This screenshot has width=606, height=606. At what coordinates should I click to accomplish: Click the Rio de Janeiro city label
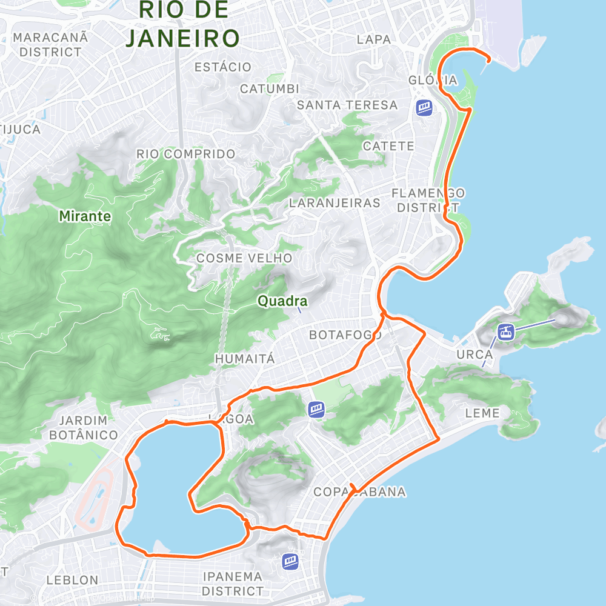click(x=182, y=24)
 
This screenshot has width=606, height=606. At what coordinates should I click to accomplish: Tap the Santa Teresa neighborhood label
click(x=347, y=105)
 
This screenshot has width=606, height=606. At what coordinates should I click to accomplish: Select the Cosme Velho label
click(x=244, y=259)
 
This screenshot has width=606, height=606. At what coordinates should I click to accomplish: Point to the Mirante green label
click(x=85, y=216)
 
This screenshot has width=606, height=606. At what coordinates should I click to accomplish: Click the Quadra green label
click(x=282, y=301)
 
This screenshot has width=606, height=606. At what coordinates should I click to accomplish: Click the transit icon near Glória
click(x=424, y=108)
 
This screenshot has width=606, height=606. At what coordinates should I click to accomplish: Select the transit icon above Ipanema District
click(x=290, y=561)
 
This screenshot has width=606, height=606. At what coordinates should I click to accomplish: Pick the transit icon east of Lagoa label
click(x=316, y=410)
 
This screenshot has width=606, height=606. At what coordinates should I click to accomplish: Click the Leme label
click(x=482, y=413)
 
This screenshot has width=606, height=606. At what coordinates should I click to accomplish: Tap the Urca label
click(x=471, y=353)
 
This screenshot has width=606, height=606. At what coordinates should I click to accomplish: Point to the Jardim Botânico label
click(x=83, y=428)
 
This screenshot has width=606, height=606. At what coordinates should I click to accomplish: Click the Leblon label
click(x=72, y=580)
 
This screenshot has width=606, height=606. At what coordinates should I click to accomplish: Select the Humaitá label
click(x=245, y=359)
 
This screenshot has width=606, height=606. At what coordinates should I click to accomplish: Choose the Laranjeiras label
click(x=335, y=203)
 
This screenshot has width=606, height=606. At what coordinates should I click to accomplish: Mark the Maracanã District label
click(x=50, y=45)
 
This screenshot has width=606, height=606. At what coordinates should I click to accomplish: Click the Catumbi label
click(x=270, y=89)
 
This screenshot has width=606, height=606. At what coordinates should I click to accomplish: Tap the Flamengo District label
click(x=428, y=200)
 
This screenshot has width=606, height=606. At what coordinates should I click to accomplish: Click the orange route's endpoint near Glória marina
click(x=488, y=59)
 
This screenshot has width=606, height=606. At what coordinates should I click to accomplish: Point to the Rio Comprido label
click(x=185, y=155)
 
